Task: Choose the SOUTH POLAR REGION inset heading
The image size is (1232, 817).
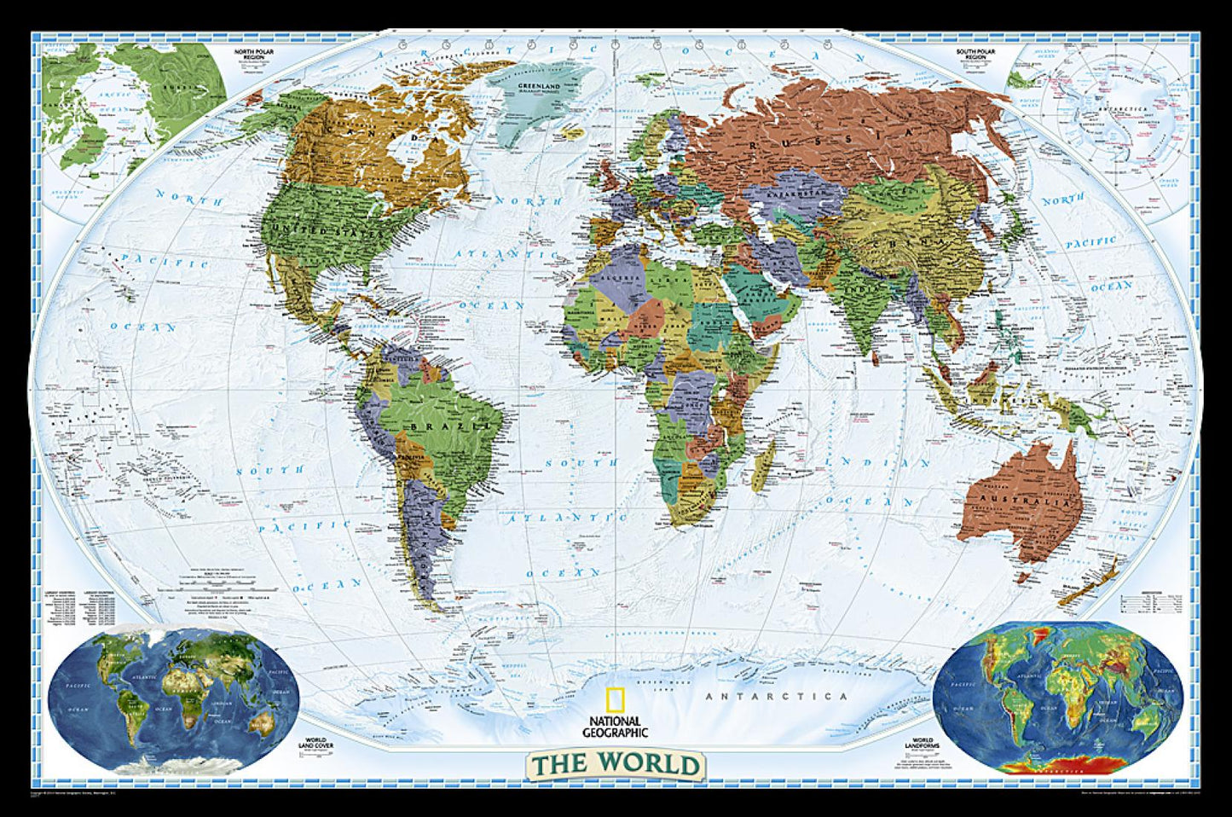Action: (x=979, y=54)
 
